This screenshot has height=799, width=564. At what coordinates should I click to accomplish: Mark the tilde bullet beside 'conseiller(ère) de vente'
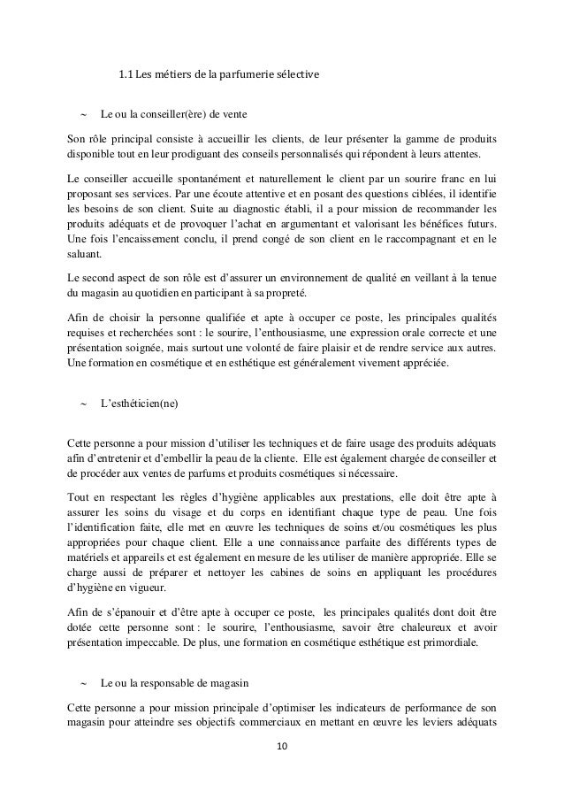(x=83, y=114)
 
